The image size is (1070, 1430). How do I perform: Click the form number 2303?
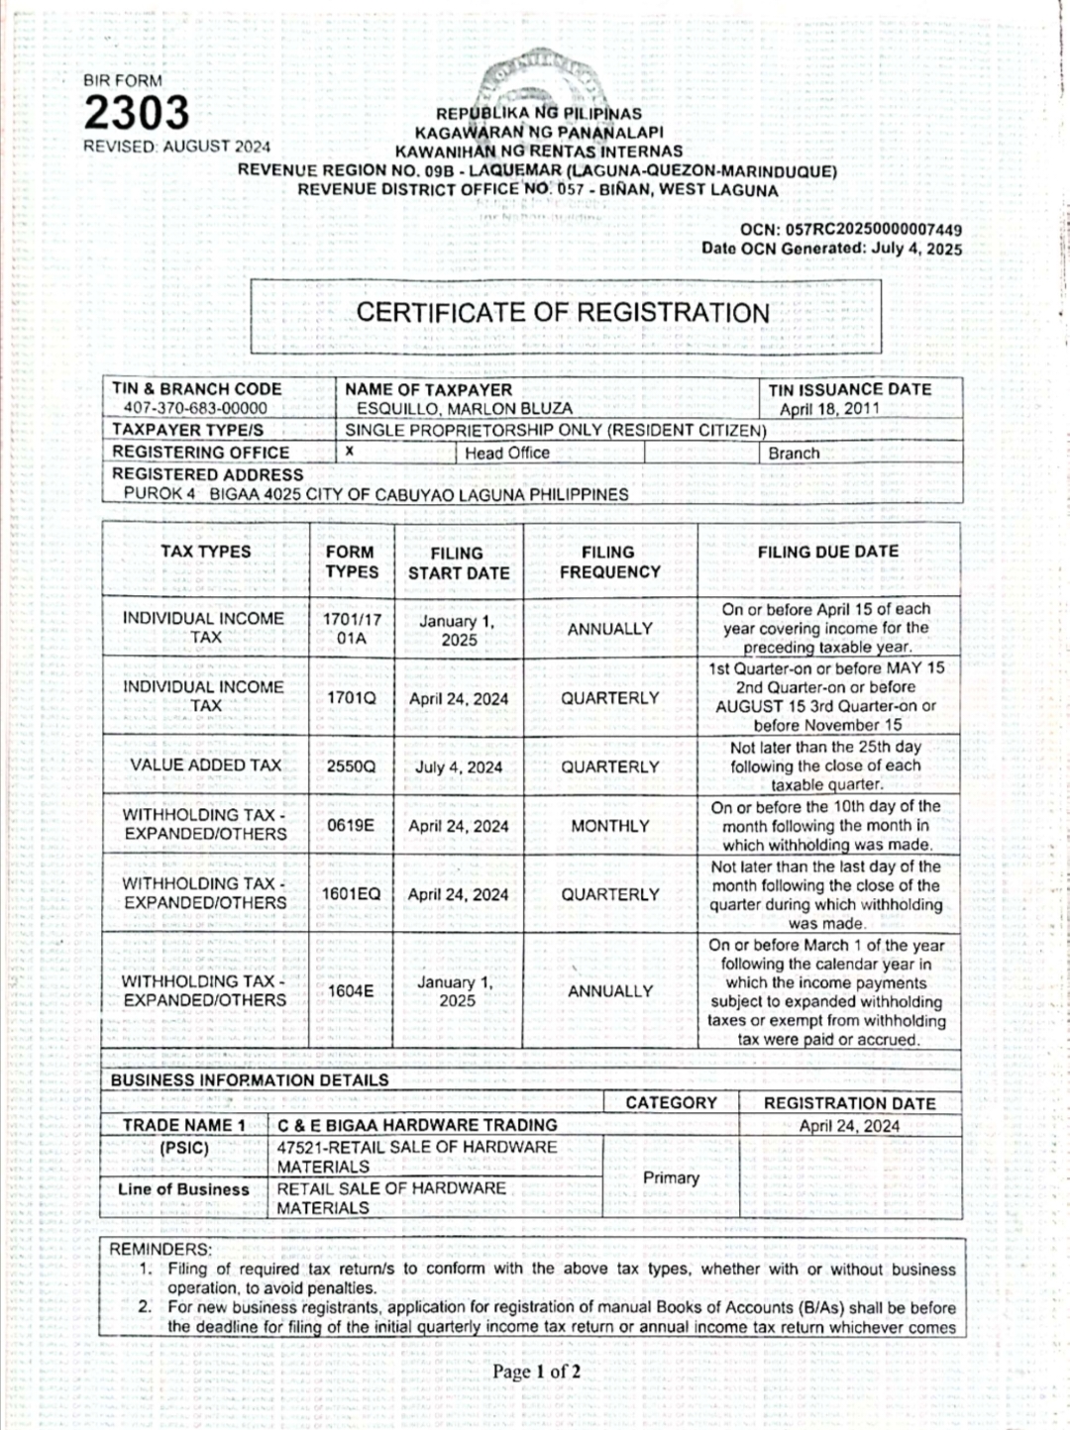pos(136,113)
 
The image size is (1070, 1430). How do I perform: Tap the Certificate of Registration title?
pos(563,313)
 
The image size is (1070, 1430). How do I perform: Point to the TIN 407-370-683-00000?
pos(195,408)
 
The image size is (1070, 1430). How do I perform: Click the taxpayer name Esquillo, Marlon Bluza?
pos(465,408)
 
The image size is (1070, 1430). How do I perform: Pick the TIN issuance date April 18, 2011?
pos(829,409)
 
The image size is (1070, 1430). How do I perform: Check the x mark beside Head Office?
pos(350,452)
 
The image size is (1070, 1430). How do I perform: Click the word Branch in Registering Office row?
pos(794,454)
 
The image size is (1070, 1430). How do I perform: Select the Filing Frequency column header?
pos(609,562)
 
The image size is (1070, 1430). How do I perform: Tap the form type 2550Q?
pos(351,766)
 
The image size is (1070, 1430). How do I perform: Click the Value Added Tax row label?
pos(206,765)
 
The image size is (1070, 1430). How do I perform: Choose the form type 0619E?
pos(351,826)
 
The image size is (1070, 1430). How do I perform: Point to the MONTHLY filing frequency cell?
pos(609,826)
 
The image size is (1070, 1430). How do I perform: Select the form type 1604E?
pos(351,990)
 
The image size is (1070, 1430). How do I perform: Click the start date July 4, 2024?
pos(458,766)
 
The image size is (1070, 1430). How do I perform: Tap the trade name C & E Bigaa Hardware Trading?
pos(417,1125)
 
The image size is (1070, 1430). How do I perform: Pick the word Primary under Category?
pos(671,1177)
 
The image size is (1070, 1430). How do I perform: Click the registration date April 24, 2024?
pos(849,1126)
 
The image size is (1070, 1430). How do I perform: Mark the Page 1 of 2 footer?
pos(536,1372)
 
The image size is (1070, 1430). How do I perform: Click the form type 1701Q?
pos(351,698)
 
